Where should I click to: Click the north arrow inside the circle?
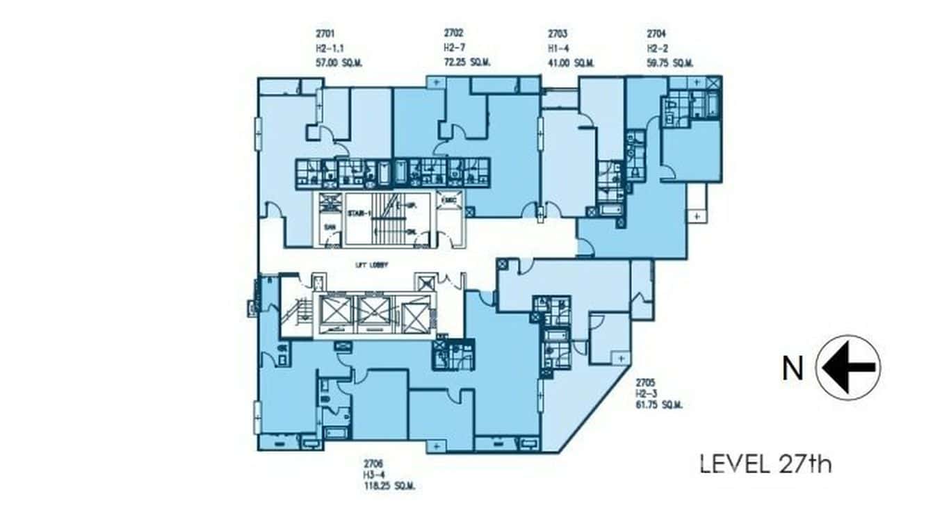click(x=848, y=368)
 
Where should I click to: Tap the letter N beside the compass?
click(x=793, y=369)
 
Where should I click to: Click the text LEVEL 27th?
click(x=765, y=464)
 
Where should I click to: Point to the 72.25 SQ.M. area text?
click(x=467, y=63)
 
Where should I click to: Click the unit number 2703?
click(x=558, y=33)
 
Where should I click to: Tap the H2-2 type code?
click(x=657, y=48)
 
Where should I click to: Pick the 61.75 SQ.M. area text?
click(x=658, y=404)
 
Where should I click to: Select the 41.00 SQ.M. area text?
click(x=571, y=63)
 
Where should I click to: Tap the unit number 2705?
click(x=645, y=382)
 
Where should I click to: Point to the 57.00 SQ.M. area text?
click(x=339, y=63)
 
